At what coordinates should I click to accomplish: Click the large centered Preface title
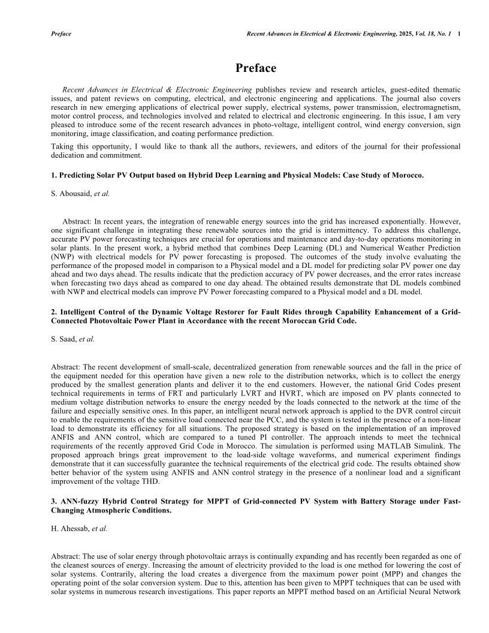coord(244,68)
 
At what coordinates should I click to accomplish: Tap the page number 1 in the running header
coord(458,34)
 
